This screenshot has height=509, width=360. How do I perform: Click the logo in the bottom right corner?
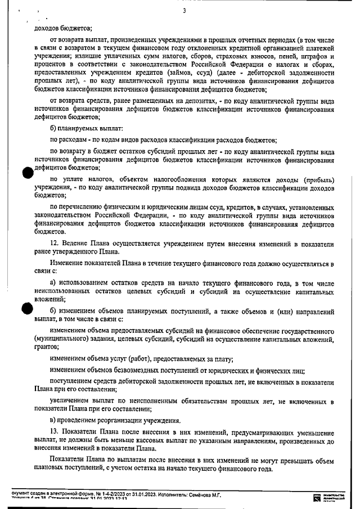point(322,497)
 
